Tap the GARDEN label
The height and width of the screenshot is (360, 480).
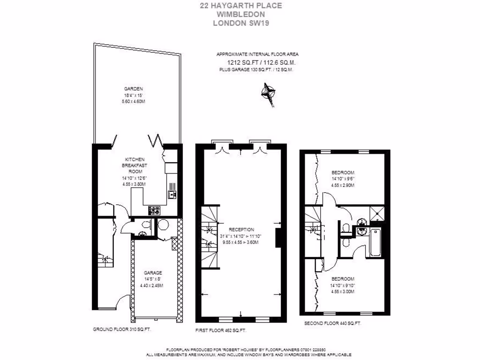pyautogui.click(x=133, y=89)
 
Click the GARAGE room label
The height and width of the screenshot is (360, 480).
pyautogui.click(x=153, y=273)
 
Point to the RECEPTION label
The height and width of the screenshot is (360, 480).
pyautogui.click(x=241, y=230)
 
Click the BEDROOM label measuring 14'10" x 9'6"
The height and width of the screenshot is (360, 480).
pyautogui.click(x=343, y=172)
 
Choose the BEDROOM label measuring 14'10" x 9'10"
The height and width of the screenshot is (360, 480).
pyautogui.click(x=343, y=279)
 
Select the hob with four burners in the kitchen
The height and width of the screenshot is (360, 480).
pyautogui.click(x=155, y=210)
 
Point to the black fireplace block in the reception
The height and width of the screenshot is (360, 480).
pyautogui.click(x=278, y=237)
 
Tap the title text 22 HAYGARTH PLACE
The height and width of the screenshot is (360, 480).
pyautogui.click(x=241, y=6)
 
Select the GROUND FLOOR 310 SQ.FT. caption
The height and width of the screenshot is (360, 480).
pyautogui.click(x=122, y=330)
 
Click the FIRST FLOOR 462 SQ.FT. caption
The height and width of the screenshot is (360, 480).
pyautogui.click(x=221, y=330)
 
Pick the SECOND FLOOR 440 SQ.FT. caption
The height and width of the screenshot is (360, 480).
pyautogui.click(x=332, y=323)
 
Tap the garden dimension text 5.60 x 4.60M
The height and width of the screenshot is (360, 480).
pyautogui.click(x=133, y=102)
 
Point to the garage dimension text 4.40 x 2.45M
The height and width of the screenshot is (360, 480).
pyautogui.click(x=153, y=286)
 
